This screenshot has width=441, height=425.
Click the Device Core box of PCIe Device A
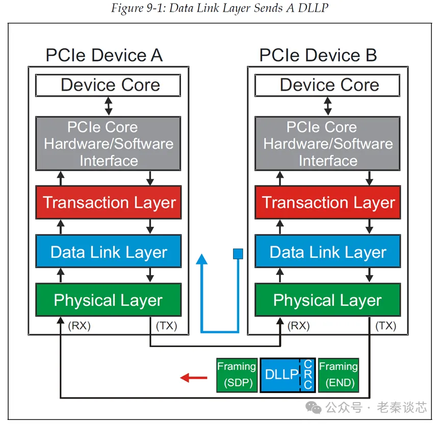pyautogui.click(x=108, y=85)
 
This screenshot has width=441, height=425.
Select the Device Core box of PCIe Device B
pyautogui.click(x=328, y=85)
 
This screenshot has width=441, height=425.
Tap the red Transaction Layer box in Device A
pyautogui.click(x=108, y=203)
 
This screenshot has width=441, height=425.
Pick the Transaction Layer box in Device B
pyautogui.click(x=328, y=203)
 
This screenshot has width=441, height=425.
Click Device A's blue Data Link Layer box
pyautogui.click(x=108, y=252)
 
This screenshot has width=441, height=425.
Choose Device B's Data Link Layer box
pyautogui.click(x=328, y=252)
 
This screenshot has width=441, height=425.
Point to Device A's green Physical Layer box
pyautogui.click(x=108, y=300)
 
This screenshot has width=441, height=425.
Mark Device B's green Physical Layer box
pyautogui.click(x=328, y=300)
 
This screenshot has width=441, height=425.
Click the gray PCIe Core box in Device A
pyautogui.click(x=108, y=144)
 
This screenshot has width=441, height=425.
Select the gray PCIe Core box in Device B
pyautogui.click(x=328, y=144)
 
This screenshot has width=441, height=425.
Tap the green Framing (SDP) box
pyautogui.click(x=236, y=375)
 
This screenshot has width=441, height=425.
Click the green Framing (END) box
pyautogui.click(x=338, y=375)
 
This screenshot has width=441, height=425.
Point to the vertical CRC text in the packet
pyautogui.click(x=307, y=375)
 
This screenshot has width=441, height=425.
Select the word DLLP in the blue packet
pyautogui.click(x=281, y=375)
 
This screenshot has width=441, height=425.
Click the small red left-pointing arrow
pyautogui.click(x=194, y=378)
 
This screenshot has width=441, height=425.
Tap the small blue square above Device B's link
pyautogui.click(x=238, y=253)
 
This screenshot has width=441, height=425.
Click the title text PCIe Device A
pyautogui.click(x=104, y=55)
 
